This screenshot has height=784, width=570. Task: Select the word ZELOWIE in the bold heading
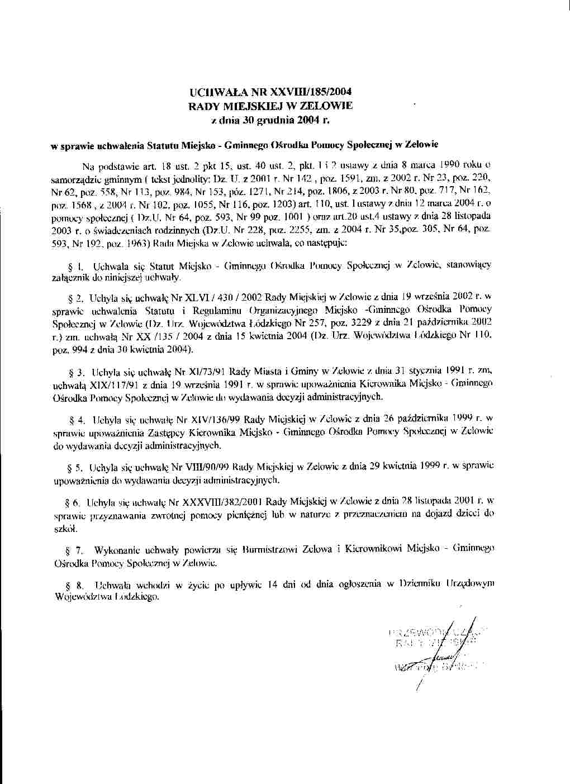(x=327, y=105)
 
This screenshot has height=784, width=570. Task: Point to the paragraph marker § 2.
(x=74, y=298)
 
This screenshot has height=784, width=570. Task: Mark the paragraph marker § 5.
(x=74, y=465)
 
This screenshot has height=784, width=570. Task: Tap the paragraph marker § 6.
(x=74, y=502)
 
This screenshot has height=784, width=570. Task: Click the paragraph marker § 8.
(x=74, y=585)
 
